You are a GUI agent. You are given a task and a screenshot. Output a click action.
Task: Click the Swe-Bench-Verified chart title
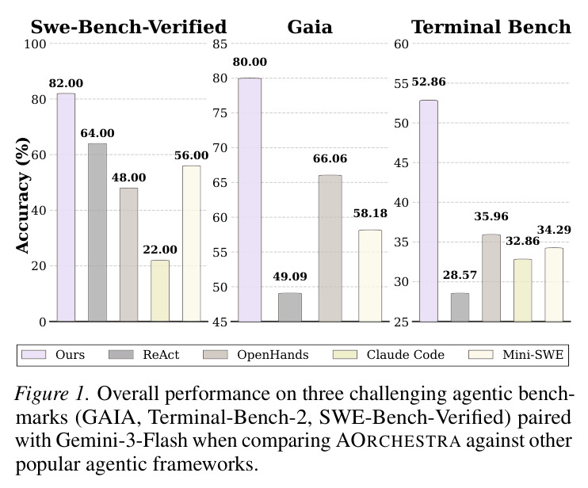[128, 27]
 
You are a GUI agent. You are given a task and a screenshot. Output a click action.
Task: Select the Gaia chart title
[310, 27]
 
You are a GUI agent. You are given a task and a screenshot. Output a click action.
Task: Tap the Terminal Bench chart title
[491, 27]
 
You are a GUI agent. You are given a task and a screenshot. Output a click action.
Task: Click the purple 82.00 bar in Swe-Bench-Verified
[66, 208]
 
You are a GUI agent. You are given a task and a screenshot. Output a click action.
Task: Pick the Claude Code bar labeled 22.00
[160, 291]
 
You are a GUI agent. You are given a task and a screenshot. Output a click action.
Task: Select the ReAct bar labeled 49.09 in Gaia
[290, 307]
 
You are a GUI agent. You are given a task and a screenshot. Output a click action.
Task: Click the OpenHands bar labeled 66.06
[330, 248]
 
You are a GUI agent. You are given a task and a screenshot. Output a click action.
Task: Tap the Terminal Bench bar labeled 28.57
[460, 307]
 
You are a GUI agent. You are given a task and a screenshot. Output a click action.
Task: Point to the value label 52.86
[429, 82]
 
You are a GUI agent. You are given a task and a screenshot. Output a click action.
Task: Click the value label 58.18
[370, 213]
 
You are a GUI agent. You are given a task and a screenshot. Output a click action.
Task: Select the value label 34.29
[554, 230]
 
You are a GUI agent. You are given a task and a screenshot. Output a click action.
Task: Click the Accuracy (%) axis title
[23, 195]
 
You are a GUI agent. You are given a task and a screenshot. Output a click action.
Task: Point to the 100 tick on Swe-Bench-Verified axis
[35, 44]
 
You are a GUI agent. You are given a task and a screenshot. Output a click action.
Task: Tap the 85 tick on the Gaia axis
[220, 44]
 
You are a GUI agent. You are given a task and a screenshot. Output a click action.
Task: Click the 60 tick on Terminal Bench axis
[401, 44]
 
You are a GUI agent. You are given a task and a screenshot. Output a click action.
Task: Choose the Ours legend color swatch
[34, 355]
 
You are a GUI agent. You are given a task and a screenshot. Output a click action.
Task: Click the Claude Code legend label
[406, 355]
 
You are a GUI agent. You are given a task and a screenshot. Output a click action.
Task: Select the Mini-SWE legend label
[533, 355]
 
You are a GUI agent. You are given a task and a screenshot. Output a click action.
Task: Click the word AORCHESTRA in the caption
[399, 440]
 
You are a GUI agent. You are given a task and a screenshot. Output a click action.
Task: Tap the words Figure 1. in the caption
[52, 395]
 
